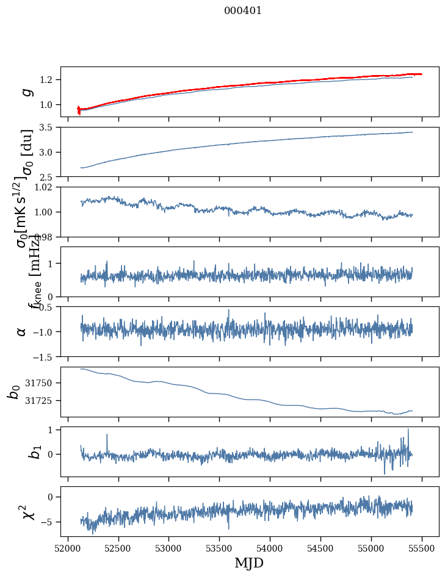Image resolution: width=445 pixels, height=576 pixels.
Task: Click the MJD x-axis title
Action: [249, 563]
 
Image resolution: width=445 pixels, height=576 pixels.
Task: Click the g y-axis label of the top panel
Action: [26, 92]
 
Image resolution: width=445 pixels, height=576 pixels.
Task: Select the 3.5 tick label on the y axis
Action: [49, 128]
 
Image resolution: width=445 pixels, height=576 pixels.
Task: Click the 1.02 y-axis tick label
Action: [46, 187]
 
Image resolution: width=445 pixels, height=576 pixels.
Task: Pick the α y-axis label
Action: [22, 331]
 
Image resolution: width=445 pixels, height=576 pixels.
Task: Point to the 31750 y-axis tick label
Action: [43, 383]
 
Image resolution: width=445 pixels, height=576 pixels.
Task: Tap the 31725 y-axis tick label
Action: [43, 401]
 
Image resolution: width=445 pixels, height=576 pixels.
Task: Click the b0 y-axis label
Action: [14, 392]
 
